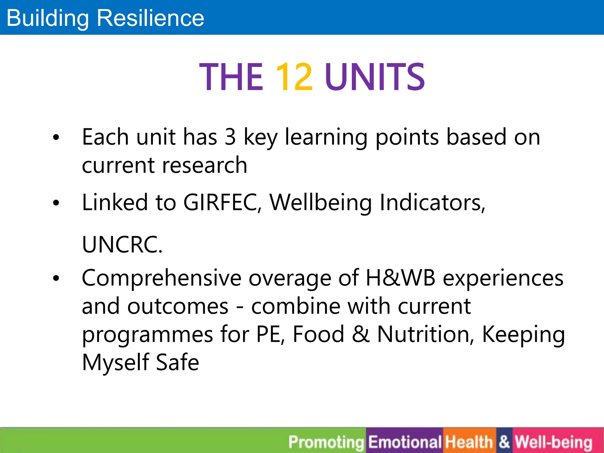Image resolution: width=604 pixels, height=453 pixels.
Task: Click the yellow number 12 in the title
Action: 294,77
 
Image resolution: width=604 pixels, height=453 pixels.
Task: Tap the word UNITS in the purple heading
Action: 375,77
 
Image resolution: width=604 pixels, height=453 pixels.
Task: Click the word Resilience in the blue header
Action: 150,18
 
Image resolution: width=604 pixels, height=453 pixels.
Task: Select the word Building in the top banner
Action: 47,18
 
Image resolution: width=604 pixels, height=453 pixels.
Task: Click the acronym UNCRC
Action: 122,245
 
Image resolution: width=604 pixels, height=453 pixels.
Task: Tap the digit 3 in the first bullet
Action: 230,137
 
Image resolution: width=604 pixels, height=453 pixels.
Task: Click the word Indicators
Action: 432,203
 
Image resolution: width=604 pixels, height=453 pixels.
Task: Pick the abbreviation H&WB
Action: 400,278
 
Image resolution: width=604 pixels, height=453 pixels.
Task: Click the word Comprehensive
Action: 162,279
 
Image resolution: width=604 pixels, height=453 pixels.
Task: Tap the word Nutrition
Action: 426,334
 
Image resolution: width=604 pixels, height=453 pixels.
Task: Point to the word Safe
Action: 177,362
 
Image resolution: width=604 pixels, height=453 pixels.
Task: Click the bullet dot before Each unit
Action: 56,137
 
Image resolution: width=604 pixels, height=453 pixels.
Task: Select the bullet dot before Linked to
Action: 56,203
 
